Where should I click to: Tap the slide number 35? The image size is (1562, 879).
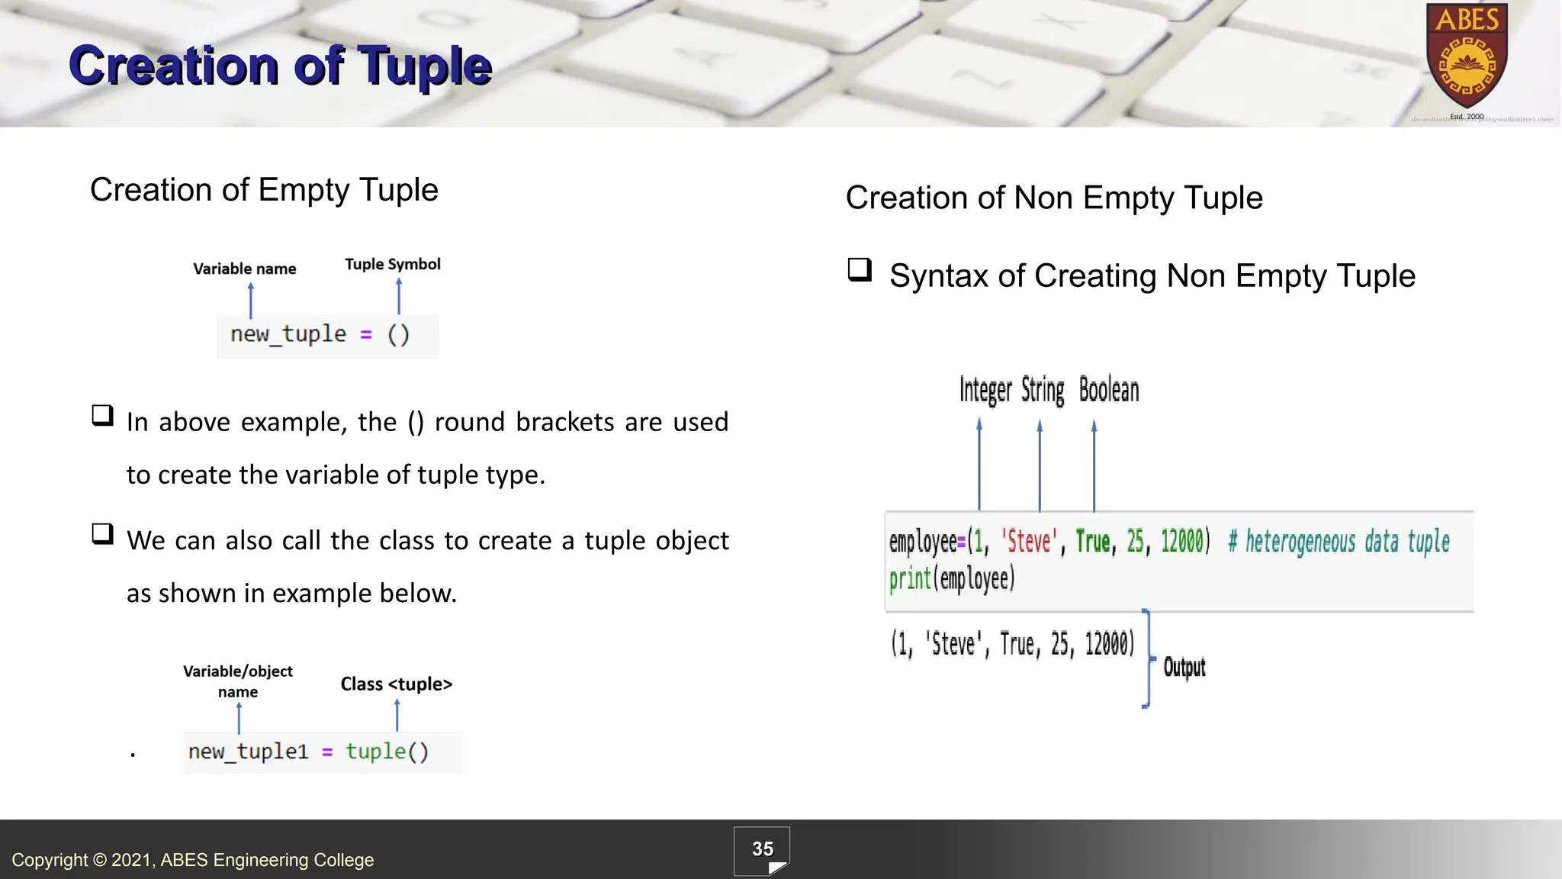pos(762,849)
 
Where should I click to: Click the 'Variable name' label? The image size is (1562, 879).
pos(244,269)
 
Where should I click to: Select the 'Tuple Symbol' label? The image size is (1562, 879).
pos(393,264)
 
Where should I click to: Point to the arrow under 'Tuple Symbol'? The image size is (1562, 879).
pos(399,296)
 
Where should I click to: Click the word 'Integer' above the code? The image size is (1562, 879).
pos(985,390)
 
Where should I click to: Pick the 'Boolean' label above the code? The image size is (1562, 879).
pos(1109,390)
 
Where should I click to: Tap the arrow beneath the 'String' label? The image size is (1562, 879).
pos(1040,465)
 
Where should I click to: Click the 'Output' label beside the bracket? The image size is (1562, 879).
pos(1184,668)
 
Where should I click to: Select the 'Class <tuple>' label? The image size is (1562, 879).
pos(396,684)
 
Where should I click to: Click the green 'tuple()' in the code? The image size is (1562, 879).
pos(387,752)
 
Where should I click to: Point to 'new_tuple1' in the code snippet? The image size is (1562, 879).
pos(248,752)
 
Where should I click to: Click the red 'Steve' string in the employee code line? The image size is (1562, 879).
pos(1029,542)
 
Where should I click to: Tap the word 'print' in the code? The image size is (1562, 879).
pos(909,578)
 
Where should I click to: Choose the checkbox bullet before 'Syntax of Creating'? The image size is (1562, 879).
pos(860,270)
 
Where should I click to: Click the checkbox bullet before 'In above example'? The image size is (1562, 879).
pos(102,416)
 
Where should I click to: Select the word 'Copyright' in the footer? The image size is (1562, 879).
pos(50,860)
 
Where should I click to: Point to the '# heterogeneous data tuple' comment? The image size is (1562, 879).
pos(1339,542)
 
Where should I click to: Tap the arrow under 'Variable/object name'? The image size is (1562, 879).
pos(239,717)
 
